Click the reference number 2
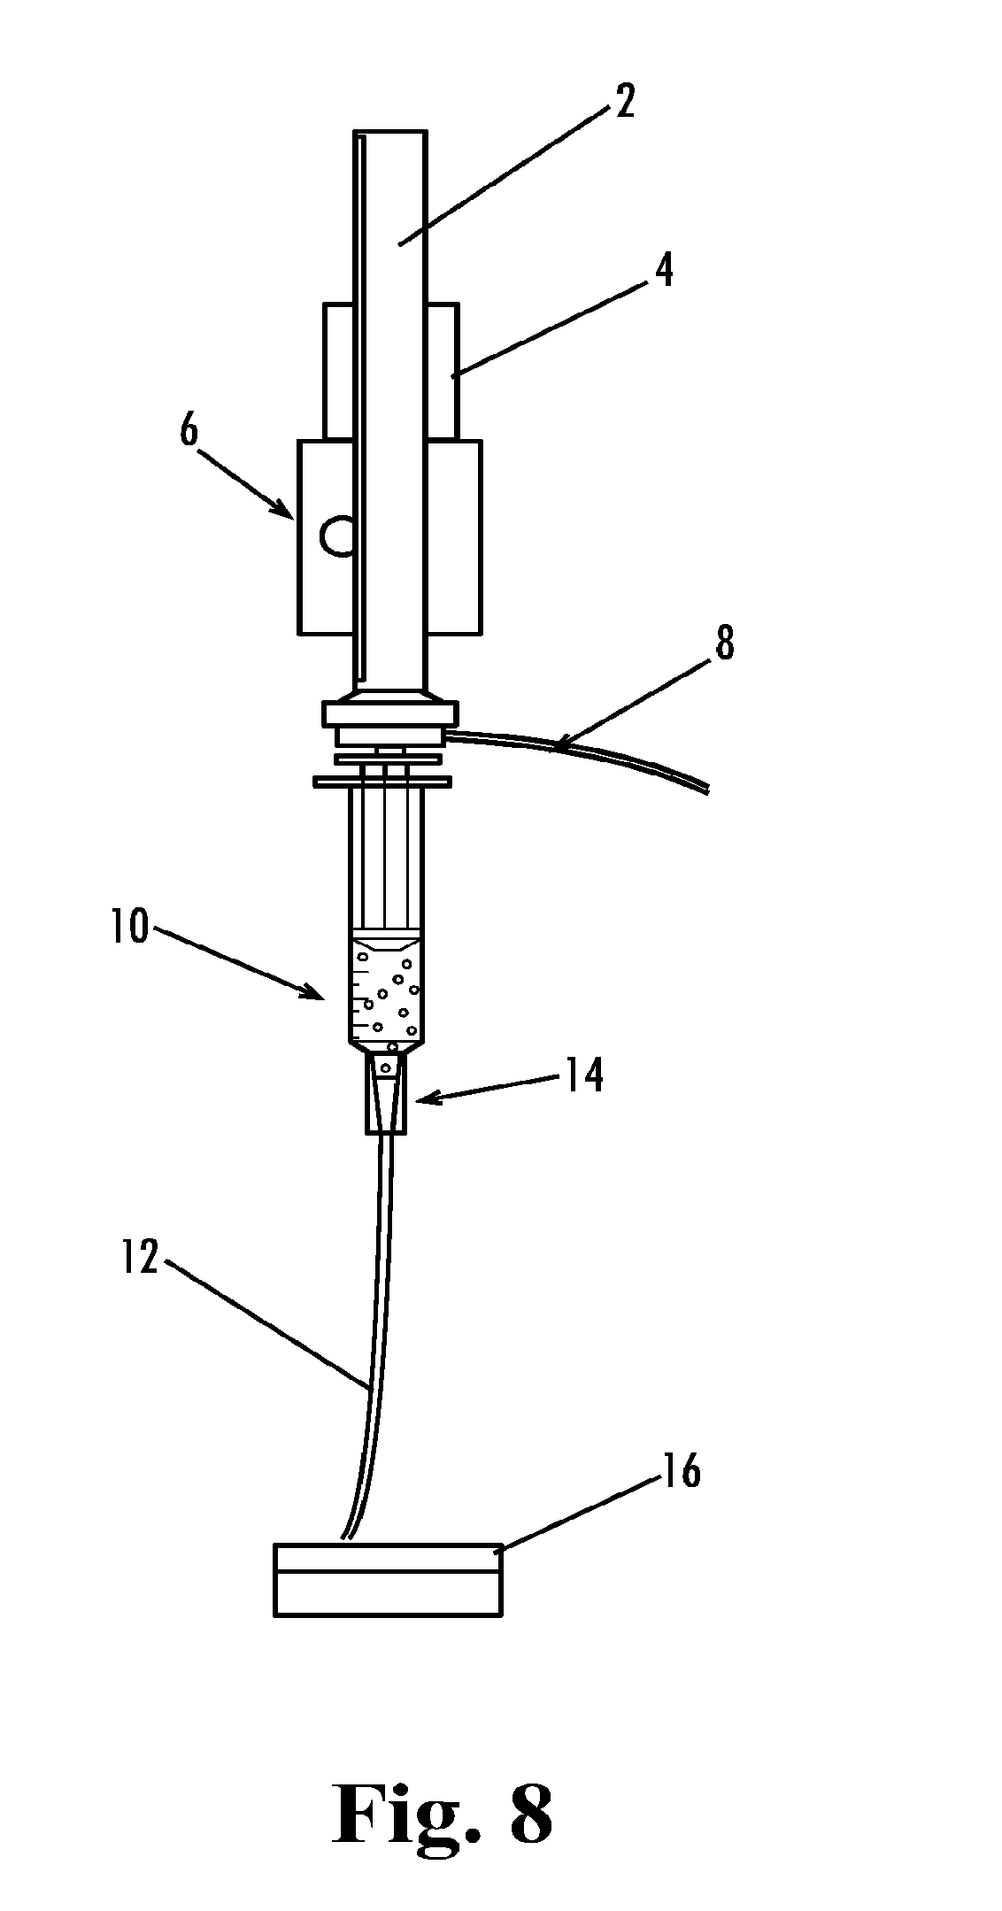pyautogui.click(x=625, y=102)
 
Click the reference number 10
pyautogui.click(x=130, y=929)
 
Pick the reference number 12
pyautogui.click(x=140, y=1257)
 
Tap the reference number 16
pyautogui.click(x=681, y=1470)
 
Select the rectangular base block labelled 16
pyautogui.click(x=388, y=1581)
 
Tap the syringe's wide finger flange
pyautogui.click(x=382, y=781)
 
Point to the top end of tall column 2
pyautogui.click(x=390, y=135)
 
